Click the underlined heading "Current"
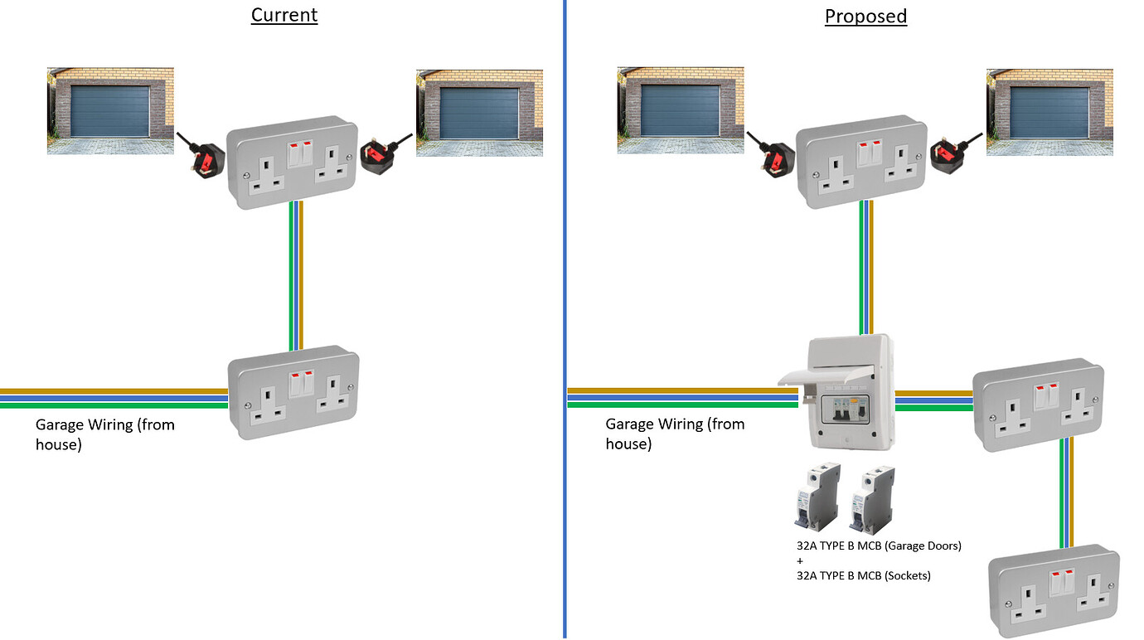(284, 15)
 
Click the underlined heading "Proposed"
(865, 16)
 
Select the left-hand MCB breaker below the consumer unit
(817, 497)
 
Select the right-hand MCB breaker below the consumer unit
(873, 497)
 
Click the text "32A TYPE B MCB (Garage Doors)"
(878, 545)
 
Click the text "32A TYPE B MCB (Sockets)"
(863, 575)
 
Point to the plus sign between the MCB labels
(800, 560)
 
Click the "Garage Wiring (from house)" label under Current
(104, 434)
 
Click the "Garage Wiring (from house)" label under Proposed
(675, 434)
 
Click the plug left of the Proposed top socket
(771, 154)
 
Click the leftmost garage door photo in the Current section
(109, 112)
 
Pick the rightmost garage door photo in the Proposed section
(1049, 112)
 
